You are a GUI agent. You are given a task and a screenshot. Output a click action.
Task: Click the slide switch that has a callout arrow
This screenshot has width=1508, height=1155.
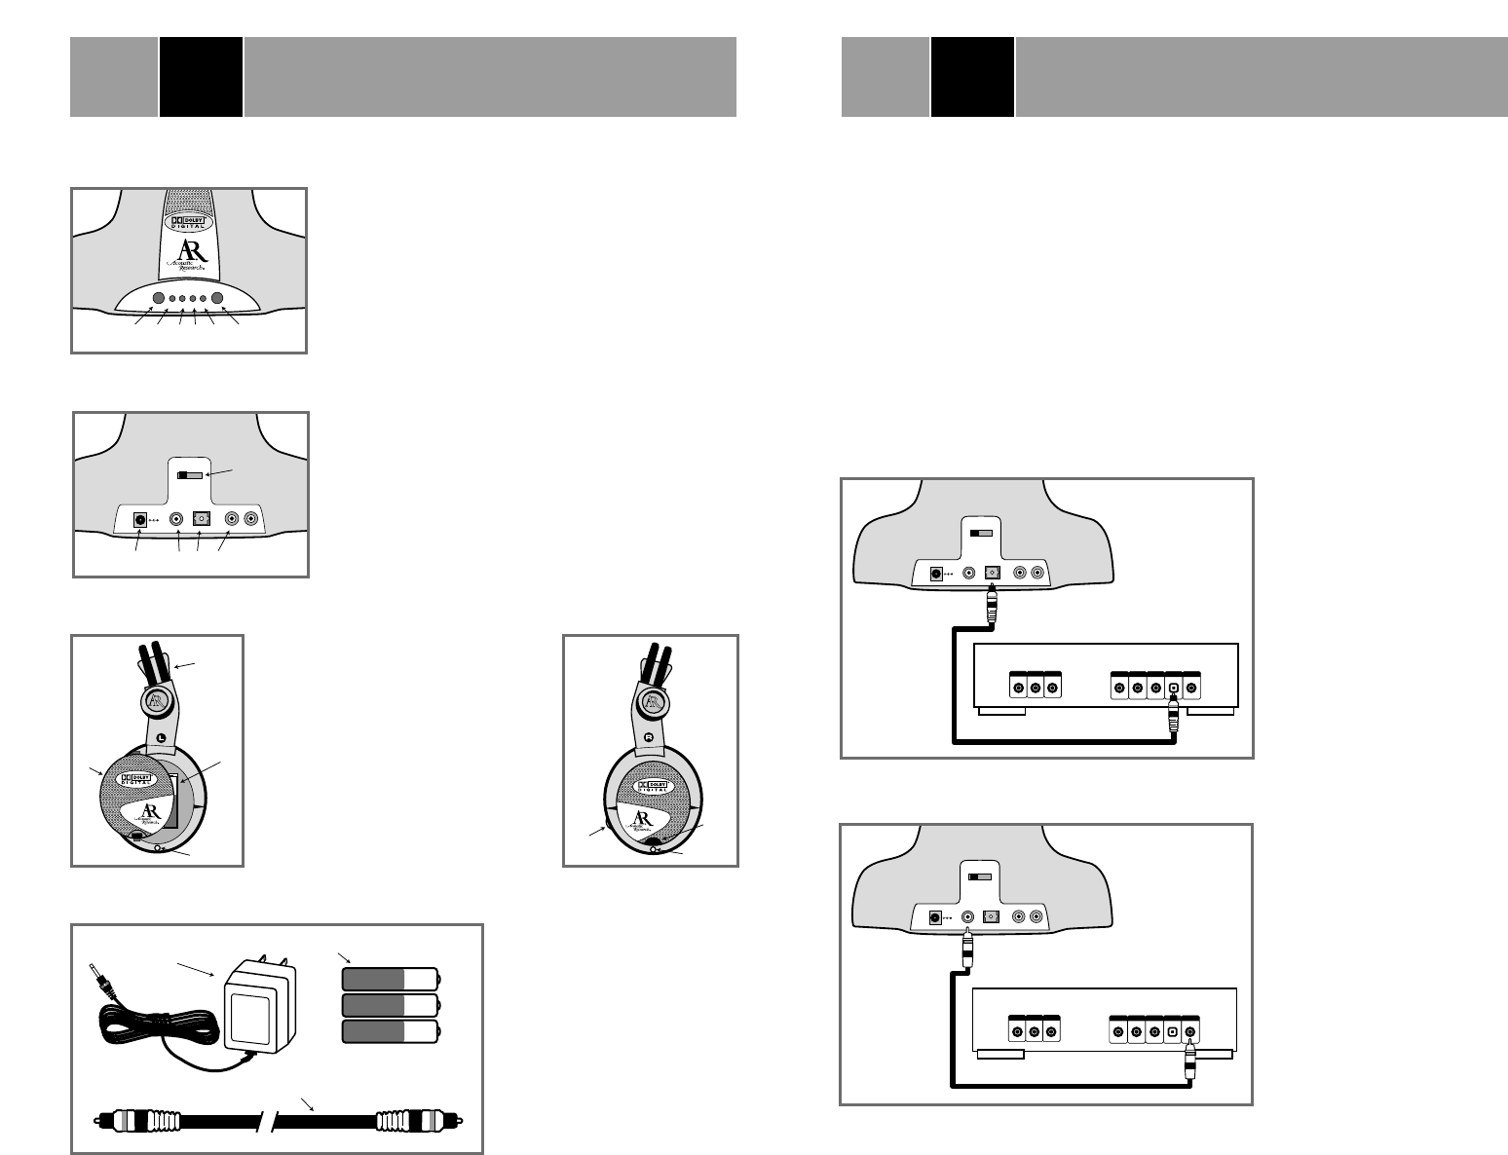[190, 476]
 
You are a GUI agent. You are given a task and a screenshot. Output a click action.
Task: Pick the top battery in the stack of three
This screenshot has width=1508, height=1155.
[391, 979]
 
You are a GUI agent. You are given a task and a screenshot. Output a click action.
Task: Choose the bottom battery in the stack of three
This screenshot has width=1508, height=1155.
[391, 1033]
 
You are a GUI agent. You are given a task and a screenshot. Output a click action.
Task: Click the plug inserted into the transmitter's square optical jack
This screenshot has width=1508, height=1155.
[993, 605]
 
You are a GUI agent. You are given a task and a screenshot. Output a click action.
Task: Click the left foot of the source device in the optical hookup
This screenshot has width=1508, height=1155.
[1001, 711]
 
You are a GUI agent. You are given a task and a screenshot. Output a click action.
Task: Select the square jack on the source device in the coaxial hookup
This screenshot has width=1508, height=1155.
[1173, 1032]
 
